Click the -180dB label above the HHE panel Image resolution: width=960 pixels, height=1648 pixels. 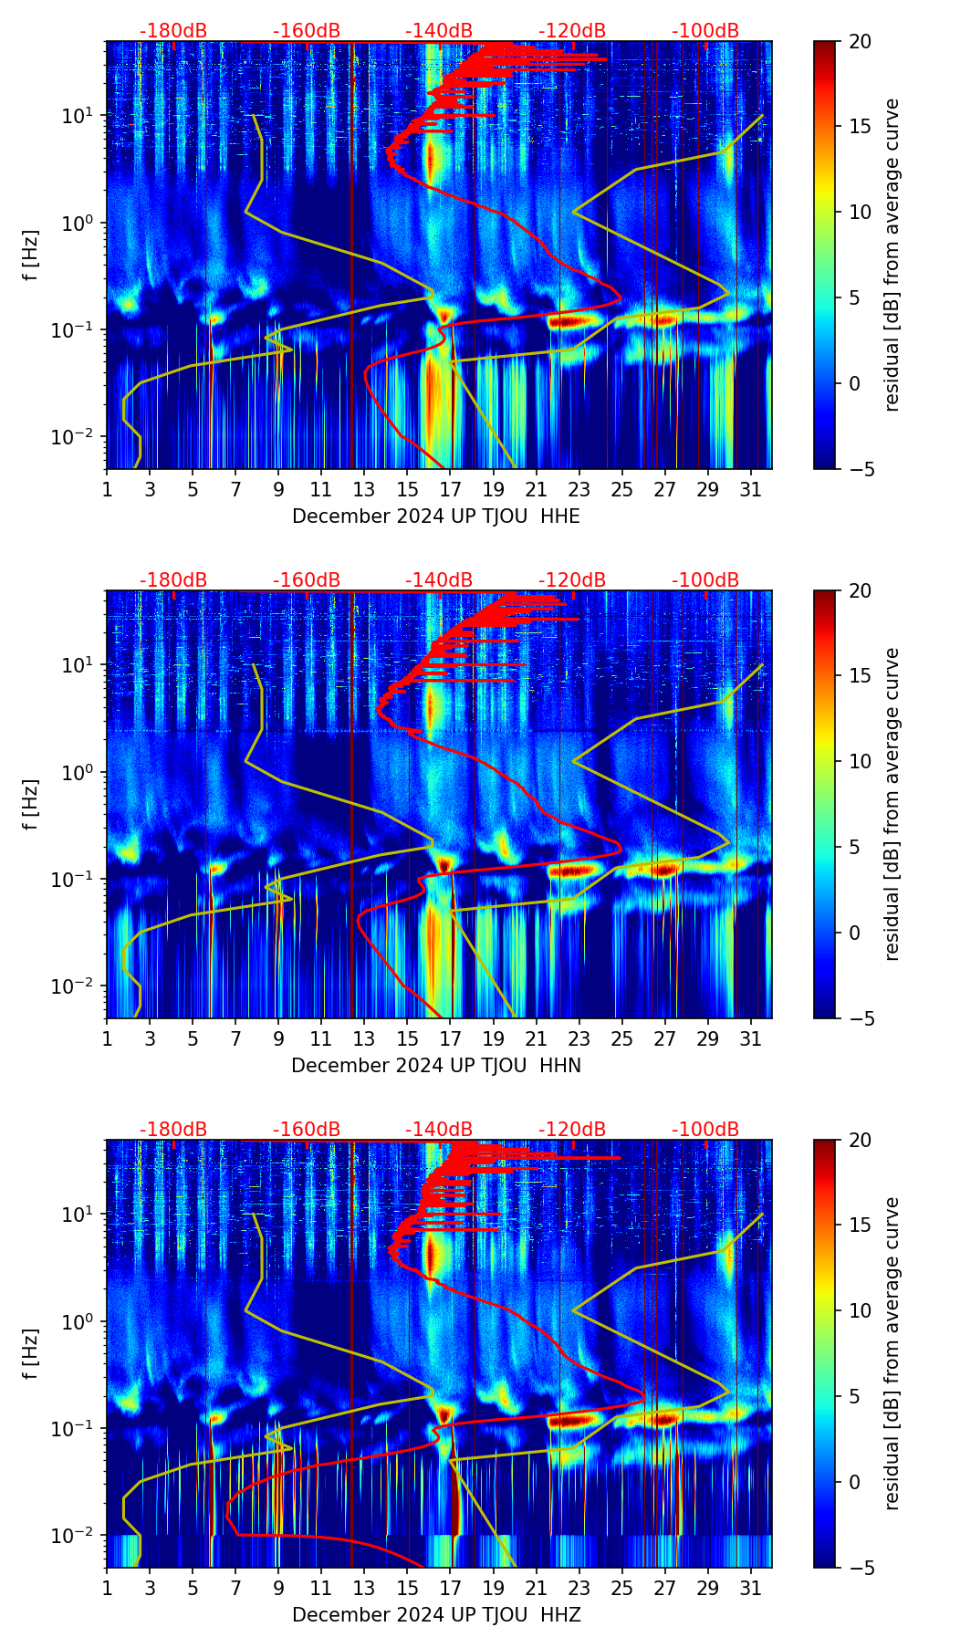173,31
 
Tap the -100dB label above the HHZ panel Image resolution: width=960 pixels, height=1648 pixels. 705,1130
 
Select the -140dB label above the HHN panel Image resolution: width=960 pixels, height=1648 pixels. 439,580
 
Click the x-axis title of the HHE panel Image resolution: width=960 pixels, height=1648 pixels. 436,516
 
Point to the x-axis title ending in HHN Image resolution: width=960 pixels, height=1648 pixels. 436,1066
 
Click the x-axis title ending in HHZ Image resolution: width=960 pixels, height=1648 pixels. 436,1615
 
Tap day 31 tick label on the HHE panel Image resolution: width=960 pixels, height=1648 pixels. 751,490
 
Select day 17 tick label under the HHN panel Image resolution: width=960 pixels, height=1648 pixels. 450,1039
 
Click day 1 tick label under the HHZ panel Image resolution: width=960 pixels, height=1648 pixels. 107,1589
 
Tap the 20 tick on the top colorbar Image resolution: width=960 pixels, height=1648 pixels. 860,41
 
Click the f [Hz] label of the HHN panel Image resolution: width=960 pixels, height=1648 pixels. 31,804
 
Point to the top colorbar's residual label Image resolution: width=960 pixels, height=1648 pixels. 892,255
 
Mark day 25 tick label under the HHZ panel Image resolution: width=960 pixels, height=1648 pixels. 621,1589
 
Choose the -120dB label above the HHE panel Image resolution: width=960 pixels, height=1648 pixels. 572,31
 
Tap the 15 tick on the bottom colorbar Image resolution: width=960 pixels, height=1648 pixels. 860,1226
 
